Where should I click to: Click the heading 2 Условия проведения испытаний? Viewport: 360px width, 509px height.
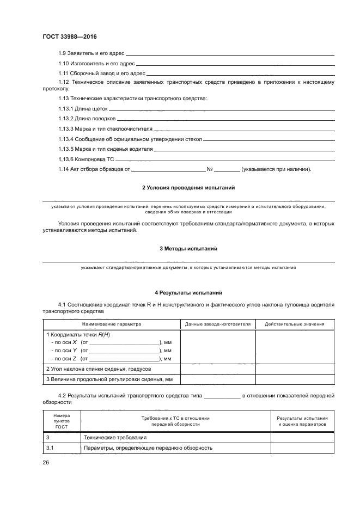click(x=188, y=188)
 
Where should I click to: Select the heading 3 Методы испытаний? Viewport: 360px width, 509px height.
click(x=188, y=248)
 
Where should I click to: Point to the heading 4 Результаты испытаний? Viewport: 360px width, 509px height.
click(x=188, y=292)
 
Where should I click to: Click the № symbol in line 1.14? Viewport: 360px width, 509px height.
click(x=210, y=169)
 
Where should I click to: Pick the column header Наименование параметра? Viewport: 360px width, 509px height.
click(x=111, y=324)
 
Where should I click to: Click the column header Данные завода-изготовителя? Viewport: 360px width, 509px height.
click(x=217, y=324)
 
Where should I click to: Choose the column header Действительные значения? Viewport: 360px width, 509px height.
click(x=294, y=324)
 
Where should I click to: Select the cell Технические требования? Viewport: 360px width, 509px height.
click(x=114, y=437)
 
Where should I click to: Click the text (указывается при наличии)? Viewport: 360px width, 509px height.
click(x=276, y=169)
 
